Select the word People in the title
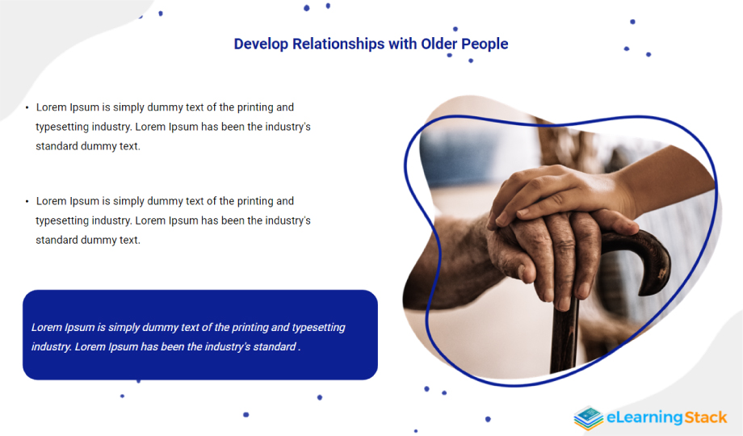tap(485, 44)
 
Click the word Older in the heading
tap(439, 44)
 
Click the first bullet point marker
tap(27, 108)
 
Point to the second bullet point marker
tap(27, 202)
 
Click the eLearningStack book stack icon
tap(588, 418)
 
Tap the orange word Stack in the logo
tap(705, 417)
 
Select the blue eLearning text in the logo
tap(644, 417)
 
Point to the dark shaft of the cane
tap(565, 337)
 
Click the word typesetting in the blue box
tap(318, 328)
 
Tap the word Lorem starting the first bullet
tap(51, 107)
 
